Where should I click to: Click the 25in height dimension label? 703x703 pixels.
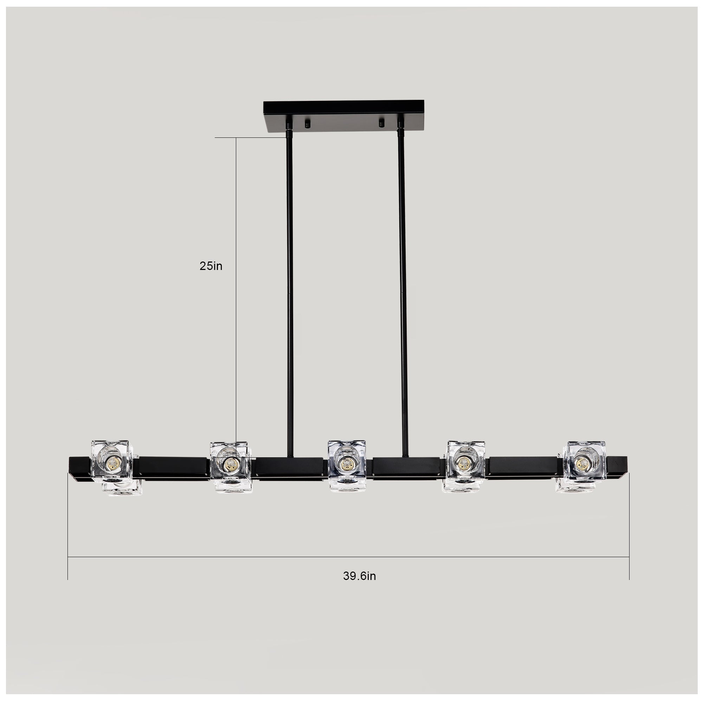click(x=211, y=266)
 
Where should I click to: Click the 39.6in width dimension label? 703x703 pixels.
click(x=359, y=576)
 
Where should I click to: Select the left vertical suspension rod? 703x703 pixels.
click(x=290, y=291)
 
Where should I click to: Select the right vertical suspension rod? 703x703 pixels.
click(x=403, y=291)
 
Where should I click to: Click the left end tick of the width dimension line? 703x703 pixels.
click(x=68, y=557)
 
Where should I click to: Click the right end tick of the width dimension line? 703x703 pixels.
click(x=629, y=557)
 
